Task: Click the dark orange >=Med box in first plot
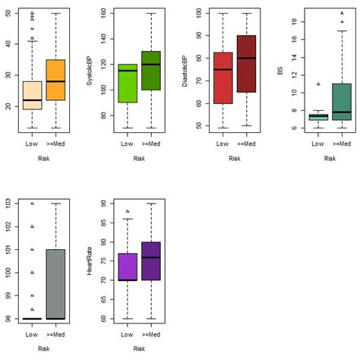50,80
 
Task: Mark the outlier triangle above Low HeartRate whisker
127,211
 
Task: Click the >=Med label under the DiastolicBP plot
247,143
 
